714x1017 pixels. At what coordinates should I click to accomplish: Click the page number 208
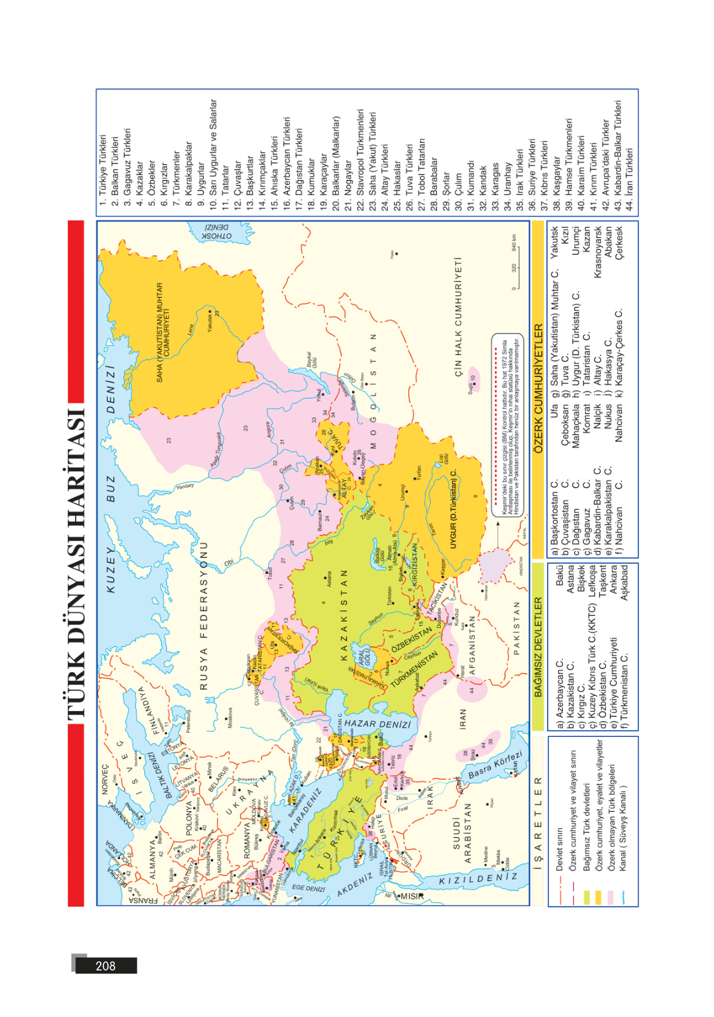coord(105,965)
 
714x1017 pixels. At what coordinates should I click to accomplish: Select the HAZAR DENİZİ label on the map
coord(377,724)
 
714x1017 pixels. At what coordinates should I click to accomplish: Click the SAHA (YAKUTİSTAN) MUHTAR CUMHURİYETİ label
coord(163,332)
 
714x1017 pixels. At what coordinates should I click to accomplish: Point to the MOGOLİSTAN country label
coord(373,390)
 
